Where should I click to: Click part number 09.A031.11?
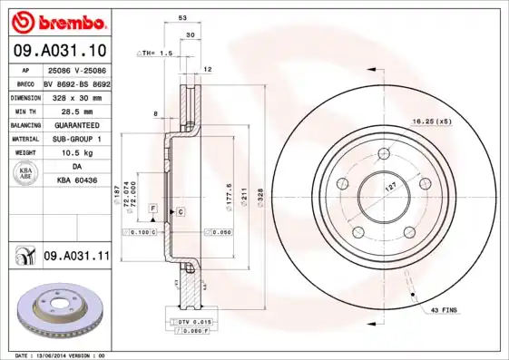(x=76, y=257)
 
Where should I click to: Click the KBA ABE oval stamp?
(x=26, y=174)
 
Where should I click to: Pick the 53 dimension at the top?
(x=182, y=17)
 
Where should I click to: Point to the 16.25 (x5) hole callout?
(x=432, y=121)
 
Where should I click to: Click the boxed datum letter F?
(x=154, y=209)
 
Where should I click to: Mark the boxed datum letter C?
(x=181, y=211)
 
